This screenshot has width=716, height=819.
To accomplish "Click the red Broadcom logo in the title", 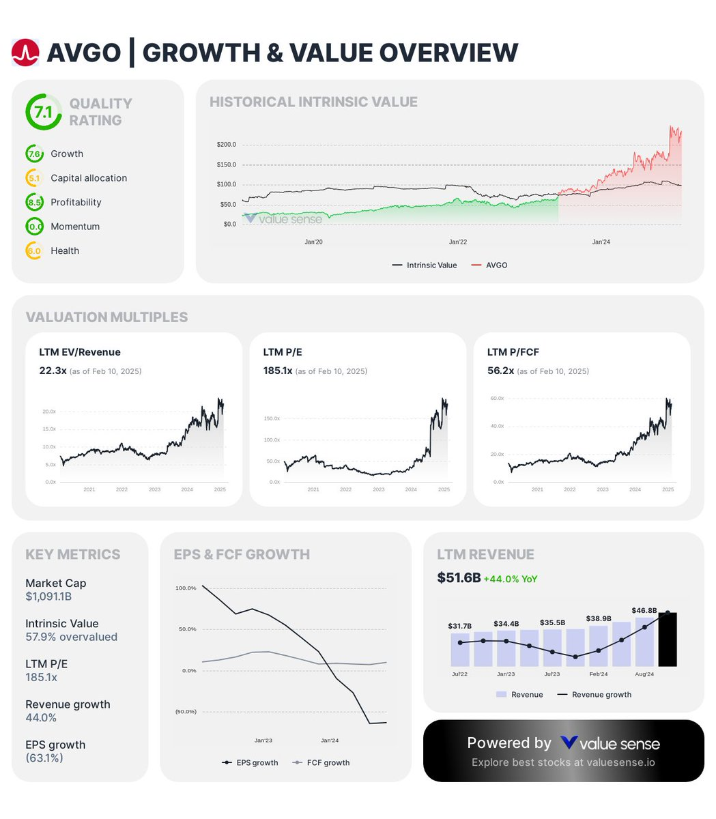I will pos(25,53).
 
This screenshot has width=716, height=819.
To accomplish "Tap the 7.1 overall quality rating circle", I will pos(43,112).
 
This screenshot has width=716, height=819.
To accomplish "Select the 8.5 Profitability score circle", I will pos(34,202).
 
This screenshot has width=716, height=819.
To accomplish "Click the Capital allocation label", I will pos(89,178).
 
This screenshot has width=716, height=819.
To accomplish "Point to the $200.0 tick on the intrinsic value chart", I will pos(226,145).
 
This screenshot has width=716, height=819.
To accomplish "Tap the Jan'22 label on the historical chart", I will pos(458,242).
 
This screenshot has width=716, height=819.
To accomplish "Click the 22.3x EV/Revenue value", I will pos(53,371).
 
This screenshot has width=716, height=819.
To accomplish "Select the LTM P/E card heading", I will pos(283,352).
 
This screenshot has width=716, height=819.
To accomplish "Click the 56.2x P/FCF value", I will pos(500,371).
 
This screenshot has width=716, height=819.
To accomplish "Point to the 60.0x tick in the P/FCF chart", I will pos(497,399).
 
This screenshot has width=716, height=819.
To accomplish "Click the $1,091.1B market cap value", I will pos(48,597).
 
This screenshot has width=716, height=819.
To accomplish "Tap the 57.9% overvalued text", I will pos(71,637).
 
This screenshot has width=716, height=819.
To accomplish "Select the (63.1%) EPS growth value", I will pos(44,758).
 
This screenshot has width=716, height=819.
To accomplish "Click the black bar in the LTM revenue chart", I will pos(667,640).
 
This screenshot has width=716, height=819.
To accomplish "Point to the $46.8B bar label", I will pos(644,610).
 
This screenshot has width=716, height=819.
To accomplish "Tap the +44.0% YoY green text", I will pos(510,579).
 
